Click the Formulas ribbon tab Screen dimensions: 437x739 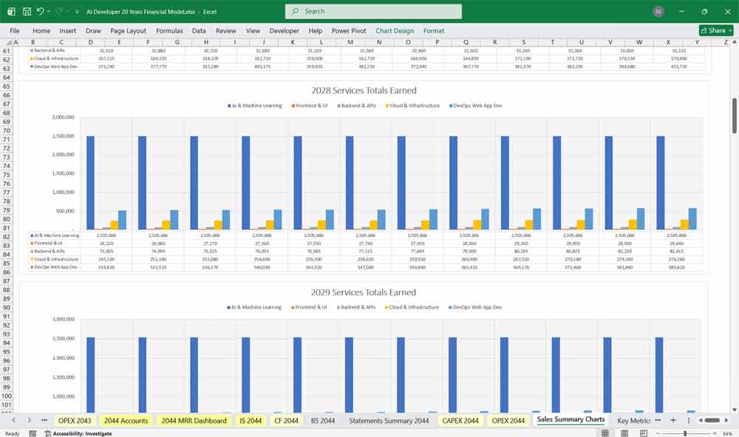pyautogui.click(x=169, y=31)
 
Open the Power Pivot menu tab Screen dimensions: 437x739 pyautogui.click(x=350, y=31)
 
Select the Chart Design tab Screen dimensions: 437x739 pyautogui.click(x=395, y=31)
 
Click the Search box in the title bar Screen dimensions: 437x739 pyautogui.click(x=373, y=11)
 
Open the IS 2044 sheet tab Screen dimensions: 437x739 pyautogui.click(x=251, y=420)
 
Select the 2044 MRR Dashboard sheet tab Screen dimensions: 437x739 pyautogui.click(x=194, y=420)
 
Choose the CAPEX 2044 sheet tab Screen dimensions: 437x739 pyautogui.click(x=460, y=420)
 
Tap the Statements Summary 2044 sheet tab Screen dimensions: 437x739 pyautogui.click(x=389, y=420)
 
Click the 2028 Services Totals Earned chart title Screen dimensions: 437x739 pyautogui.click(x=363, y=90)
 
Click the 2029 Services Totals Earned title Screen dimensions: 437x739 pyautogui.click(x=363, y=292)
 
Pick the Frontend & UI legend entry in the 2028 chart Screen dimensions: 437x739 pyautogui.click(x=311, y=106)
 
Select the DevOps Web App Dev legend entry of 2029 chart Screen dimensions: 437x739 pyautogui.click(x=477, y=307)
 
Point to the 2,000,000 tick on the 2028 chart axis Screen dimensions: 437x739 pyautogui.click(x=64, y=155)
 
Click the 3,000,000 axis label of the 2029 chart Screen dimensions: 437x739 pyautogui.click(x=64, y=319)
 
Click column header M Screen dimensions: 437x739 pyautogui.click(x=350, y=42)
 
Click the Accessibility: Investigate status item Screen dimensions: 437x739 pyautogui.click(x=81, y=433)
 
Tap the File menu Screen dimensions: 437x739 pyautogui.click(x=15, y=31)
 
